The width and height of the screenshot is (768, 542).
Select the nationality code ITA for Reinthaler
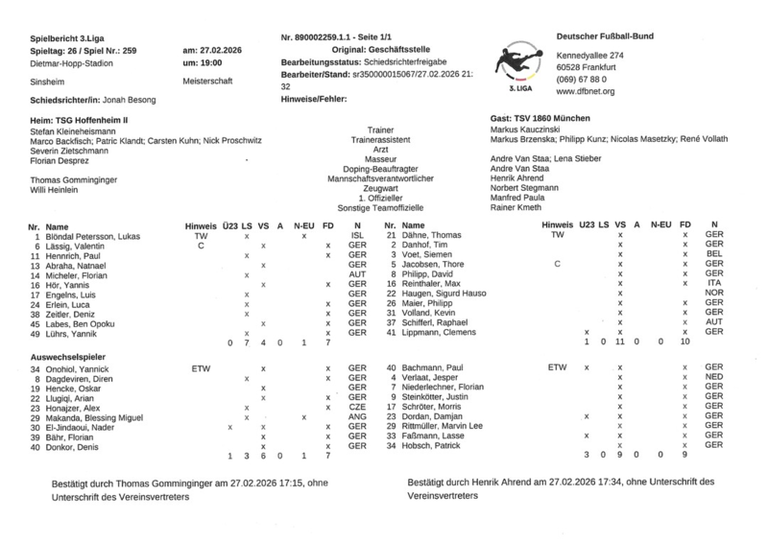click(x=713, y=283)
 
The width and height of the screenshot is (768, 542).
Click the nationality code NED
click(x=713, y=378)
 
